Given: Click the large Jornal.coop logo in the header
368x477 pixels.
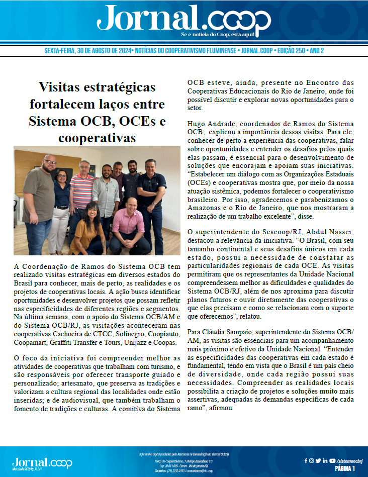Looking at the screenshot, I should coord(183,20).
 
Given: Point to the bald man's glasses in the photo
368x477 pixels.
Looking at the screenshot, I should coord(50,163).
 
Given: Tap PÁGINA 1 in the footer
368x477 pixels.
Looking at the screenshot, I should coord(345,468).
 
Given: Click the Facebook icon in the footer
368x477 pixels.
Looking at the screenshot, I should coord(306,460).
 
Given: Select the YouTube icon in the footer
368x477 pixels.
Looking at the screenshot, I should coord(332,460).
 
